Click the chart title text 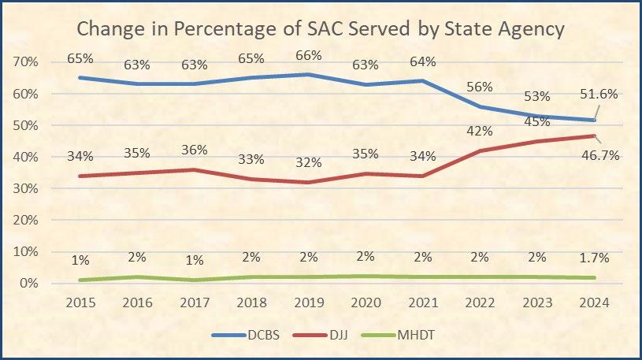[321, 30]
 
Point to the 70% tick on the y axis [28, 62]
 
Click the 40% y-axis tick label [28, 157]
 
